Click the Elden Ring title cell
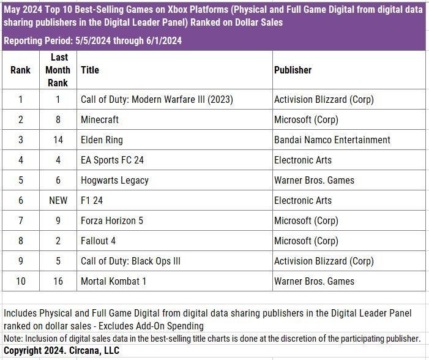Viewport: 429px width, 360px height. (102, 140)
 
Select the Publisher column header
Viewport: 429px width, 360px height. (293, 70)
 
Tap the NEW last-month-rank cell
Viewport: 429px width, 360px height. (58, 200)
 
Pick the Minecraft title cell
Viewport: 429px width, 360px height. (100, 119)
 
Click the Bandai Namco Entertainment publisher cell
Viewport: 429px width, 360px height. (332, 140)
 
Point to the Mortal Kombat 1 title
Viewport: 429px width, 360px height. (114, 281)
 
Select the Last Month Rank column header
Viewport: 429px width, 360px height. (58, 70)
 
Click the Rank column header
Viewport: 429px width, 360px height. (20, 70)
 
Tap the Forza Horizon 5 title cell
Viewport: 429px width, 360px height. (112, 220)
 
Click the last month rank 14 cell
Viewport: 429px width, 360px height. (58, 140)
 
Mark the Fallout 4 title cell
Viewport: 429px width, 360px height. (98, 241)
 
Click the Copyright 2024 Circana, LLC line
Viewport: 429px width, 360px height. (61, 351)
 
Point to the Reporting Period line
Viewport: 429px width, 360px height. (92, 41)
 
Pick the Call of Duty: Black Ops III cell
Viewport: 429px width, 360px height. (130, 261)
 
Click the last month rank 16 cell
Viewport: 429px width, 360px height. (58, 281)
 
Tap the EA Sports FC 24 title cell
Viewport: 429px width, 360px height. (112, 160)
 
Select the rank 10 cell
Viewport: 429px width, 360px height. (20, 281)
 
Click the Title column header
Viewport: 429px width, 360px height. (90, 70)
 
